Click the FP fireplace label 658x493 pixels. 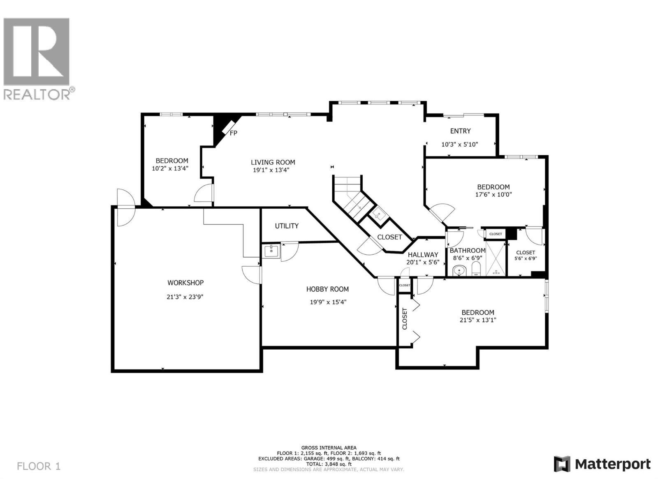[x=233, y=133]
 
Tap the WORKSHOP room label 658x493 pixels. [x=185, y=283]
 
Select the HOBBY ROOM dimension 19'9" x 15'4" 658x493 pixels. [x=328, y=302]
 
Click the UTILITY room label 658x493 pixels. [x=287, y=226]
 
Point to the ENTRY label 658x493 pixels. [x=460, y=131]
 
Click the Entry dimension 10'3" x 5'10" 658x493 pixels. [x=459, y=144]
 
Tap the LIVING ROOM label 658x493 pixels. [x=273, y=162]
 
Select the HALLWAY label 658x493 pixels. [x=423, y=255]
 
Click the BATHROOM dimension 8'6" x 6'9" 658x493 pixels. [x=467, y=258]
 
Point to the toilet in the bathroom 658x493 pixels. [x=476, y=270]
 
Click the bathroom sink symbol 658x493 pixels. [x=459, y=271]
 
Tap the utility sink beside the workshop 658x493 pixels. [x=271, y=251]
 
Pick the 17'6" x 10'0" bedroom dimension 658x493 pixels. [x=493, y=195]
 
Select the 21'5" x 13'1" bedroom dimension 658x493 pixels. [x=478, y=320]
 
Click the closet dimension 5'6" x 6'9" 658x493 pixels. [x=525, y=258]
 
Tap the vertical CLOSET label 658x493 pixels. [x=405, y=319]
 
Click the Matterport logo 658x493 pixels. [x=602, y=464]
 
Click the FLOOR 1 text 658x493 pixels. [x=39, y=466]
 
